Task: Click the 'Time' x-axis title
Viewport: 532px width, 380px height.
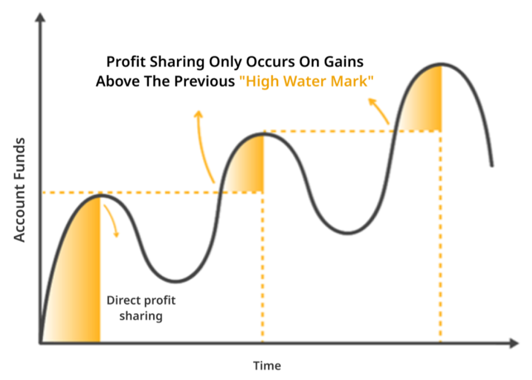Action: pyautogui.click(x=267, y=366)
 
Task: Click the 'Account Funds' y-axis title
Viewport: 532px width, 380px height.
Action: pyautogui.click(x=20, y=190)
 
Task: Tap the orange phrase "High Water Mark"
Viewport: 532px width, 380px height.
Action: pyautogui.click(x=306, y=81)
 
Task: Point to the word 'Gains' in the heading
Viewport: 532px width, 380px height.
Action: pyautogui.click(x=344, y=62)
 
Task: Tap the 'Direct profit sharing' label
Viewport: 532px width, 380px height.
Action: pyautogui.click(x=141, y=308)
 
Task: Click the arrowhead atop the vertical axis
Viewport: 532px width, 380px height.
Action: pyautogui.click(x=40, y=17)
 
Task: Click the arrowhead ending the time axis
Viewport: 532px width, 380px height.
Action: pyautogui.click(x=514, y=343)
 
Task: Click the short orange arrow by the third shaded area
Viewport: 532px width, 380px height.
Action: pyautogui.click(x=379, y=110)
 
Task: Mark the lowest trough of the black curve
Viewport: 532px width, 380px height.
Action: pyautogui.click(x=176, y=281)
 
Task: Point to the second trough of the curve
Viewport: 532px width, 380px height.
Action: pyautogui.click(x=347, y=233)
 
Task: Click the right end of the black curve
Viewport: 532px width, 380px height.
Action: pyautogui.click(x=492, y=166)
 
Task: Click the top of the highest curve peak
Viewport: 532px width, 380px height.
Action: pyautogui.click(x=441, y=64)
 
